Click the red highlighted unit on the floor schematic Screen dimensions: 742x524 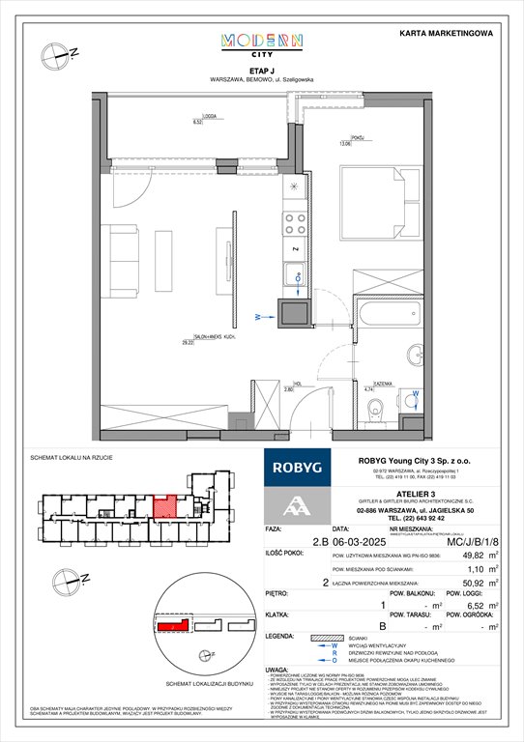tap(165, 505)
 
